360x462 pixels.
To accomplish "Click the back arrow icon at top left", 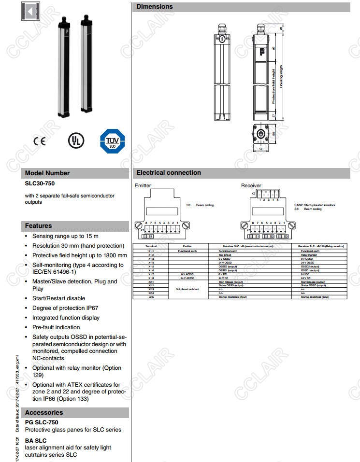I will click(29, 12).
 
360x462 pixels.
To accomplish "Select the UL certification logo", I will click(75, 140).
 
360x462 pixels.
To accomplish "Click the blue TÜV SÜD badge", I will click(112, 141).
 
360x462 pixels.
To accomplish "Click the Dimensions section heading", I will click(154, 7).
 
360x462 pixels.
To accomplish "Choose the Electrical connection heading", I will click(169, 172).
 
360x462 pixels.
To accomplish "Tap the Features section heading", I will click(38, 225).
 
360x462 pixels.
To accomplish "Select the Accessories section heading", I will click(44, 412).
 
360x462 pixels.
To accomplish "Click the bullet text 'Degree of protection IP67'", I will click(65, 308).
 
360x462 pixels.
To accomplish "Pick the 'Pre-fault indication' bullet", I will click(56, 327).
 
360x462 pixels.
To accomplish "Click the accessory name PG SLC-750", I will click(42, 422).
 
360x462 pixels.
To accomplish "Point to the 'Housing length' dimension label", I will click(281, 76).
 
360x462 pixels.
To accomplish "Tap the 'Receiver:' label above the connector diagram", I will click(252, 185).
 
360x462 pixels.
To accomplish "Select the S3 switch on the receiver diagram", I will click(286, 236).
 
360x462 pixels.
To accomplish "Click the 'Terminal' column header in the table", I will click(151, 246).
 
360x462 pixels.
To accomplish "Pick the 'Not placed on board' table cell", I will click(187, 289).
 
